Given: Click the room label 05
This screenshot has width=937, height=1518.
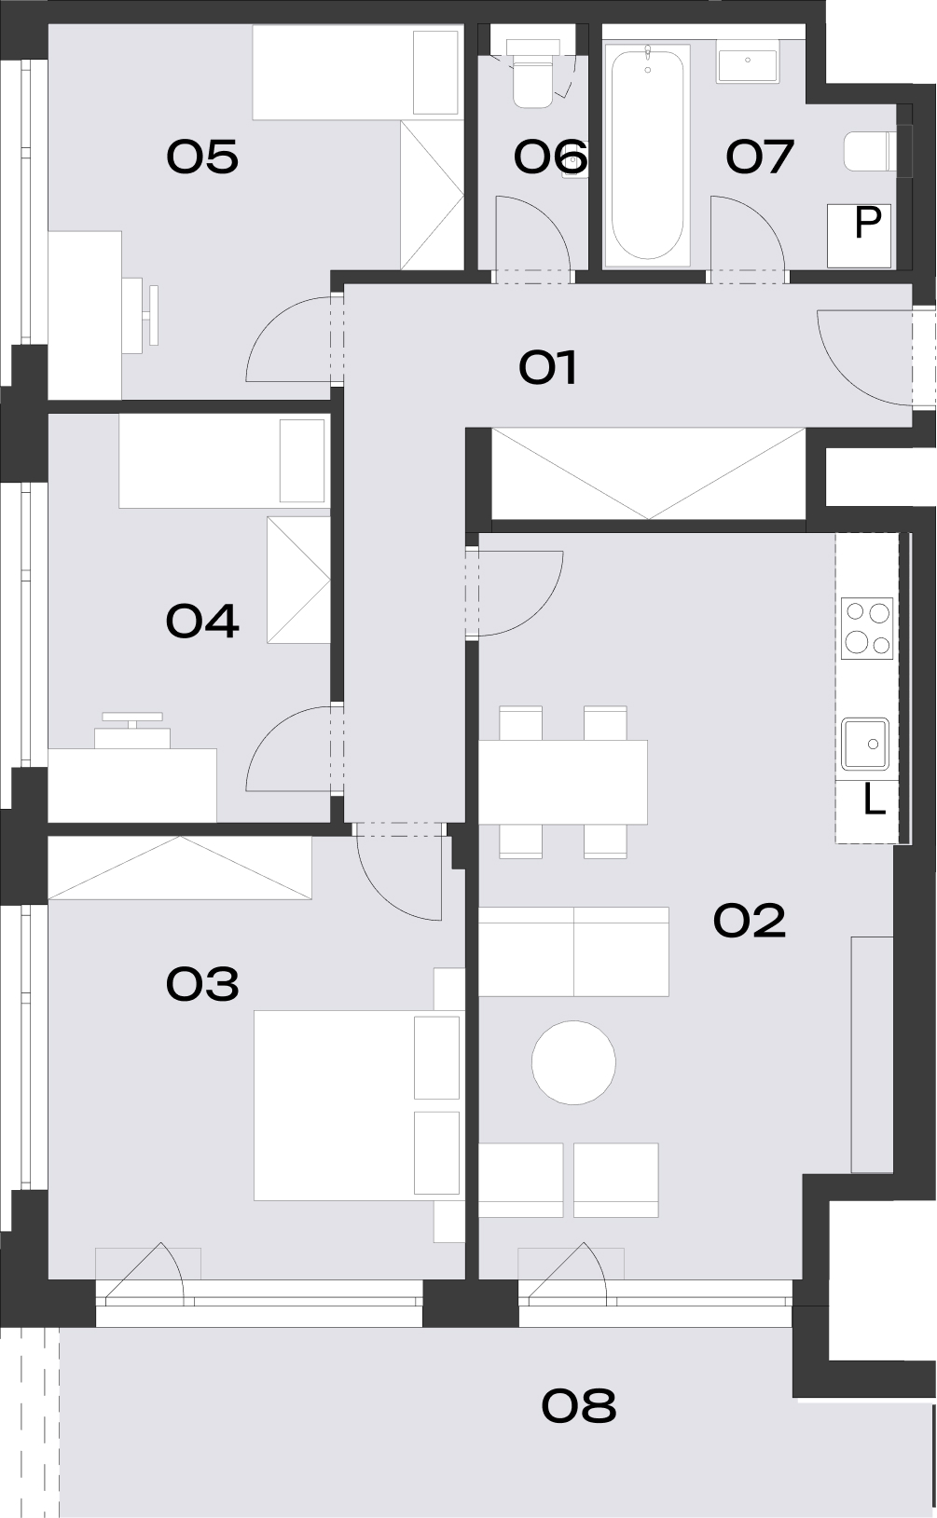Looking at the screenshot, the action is pyautogui.click(x=202, y=157).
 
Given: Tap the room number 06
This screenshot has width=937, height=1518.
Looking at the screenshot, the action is pyautogui.click(x=550, y=157).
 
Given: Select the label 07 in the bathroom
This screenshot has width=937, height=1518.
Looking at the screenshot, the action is pyautogui.click(x=759, y=157).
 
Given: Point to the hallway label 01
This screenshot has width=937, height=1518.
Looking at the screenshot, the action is pyautogui.click(x=548, y=367).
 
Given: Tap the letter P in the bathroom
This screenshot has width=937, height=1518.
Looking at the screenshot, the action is pyautogui.click(x=868, y=222).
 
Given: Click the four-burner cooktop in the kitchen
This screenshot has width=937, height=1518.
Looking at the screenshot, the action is pyautogui.click(x=867, y=628).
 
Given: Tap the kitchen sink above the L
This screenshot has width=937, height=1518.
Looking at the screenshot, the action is pyautogui.click(x=866, y=745).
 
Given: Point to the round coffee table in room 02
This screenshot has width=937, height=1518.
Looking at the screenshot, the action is pyautogui.click(x=573, y=1062).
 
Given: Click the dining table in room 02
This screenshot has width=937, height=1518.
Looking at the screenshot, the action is pyautogui.click(x=563, y=782).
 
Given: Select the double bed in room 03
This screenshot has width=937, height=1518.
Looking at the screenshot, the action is pyautogui.click(x=357, y=1105).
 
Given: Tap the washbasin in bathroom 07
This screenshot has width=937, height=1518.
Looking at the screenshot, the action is pyautogui.click(x=748, y=61).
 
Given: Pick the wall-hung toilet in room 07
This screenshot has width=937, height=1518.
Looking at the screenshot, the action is pyautogui.click(x=871, y=151).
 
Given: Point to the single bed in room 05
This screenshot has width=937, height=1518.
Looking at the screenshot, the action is pyautogui.click(x=358, y=74).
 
